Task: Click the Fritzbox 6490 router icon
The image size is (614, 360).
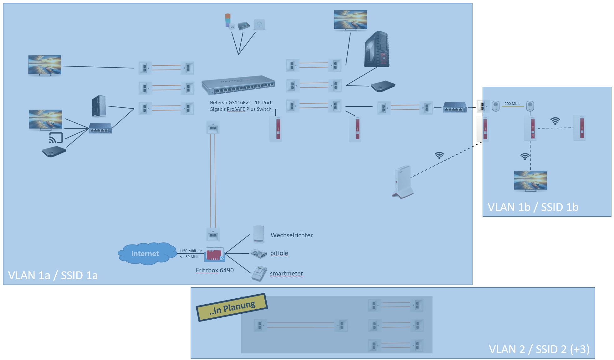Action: click(214, 254)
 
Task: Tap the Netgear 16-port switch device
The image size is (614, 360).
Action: click(238, 85)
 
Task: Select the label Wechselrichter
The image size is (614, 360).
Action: click(292, 235)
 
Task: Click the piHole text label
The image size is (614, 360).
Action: click(279, 253)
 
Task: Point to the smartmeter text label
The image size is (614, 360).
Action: click(286, 273)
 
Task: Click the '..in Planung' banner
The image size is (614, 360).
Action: click(232, 307)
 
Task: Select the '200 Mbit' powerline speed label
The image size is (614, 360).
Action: click(512, 104)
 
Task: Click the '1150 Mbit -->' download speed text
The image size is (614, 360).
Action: click(190, 251)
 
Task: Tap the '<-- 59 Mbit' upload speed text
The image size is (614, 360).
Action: click(189, 257)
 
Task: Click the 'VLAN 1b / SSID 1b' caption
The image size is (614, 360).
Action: click(533, 207)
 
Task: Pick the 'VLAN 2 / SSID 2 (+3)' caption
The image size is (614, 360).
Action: click(539, 349)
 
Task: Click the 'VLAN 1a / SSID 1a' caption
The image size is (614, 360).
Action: click(53, 275)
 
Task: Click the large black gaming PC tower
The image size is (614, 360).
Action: click(377, 49)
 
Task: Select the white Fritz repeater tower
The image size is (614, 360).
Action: click(403, 182)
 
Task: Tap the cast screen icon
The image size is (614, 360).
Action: click(56, 138)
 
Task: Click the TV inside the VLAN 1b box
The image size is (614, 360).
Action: click(530, 181)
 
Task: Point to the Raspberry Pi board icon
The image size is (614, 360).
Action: click(259, 253)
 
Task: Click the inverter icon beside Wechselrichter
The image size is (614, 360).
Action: click(259, 234)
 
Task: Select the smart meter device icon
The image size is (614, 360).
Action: click(259, 273)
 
